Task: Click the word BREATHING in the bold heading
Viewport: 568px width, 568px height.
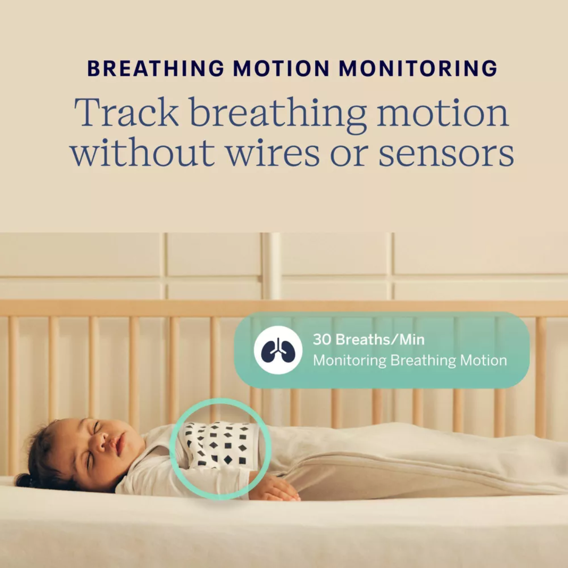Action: coord(156,68)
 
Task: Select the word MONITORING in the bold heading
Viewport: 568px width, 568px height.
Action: coord(418,68)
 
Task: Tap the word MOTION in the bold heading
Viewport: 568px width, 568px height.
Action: coord(281,68)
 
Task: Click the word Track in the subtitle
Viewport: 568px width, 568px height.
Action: coord(126,113)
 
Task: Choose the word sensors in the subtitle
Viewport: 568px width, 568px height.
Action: coord(446,154)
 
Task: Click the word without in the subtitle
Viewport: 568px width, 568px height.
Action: coord(142,154)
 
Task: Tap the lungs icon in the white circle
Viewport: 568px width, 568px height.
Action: coord(278,350)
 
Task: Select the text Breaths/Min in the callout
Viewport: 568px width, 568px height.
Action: coord(380,339)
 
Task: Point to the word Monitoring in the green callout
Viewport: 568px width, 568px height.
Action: coord(350,361)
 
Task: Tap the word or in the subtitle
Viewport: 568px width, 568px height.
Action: coord(349,154)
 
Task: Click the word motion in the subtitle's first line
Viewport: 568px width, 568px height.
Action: coord(443,113)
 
